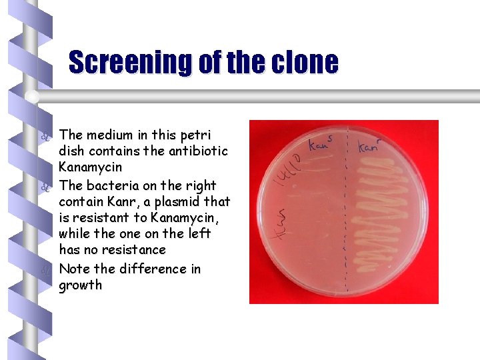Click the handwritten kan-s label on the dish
click(322, 143)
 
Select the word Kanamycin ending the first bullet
click(90, 167)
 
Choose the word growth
click(81, 285)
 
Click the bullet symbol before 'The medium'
click(45, 136)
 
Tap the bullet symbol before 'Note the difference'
click(45, 269)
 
